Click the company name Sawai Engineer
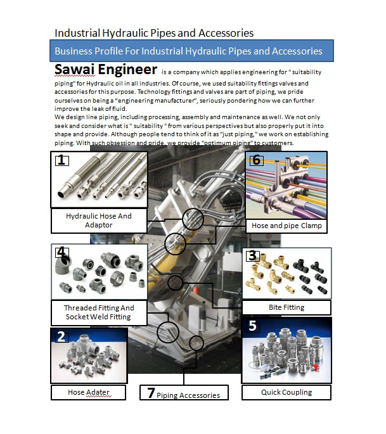click(x=105, y=69)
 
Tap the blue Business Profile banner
click(x=188, y=51)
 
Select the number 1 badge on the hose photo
click(x=61, y=160)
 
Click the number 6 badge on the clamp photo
click(x=255, y=160)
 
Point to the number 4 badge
click(x=61, y=252)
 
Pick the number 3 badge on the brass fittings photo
click(x=252, y=255)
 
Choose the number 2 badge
click(x=61, y=336)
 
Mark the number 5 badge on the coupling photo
click(x=252, y=326)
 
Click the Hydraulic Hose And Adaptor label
click(x=98, y=220)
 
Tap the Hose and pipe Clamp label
click(x=286, y=226)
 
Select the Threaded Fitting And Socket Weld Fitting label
click(x=98, y=312)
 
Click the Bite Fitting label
click(x=286, y=307)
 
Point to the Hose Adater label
click(x=89, y=393)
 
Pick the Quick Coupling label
click(x=286, y=392)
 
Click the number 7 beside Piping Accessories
click(x=151, y=393)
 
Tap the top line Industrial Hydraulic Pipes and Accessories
click(x=154, y=33)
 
